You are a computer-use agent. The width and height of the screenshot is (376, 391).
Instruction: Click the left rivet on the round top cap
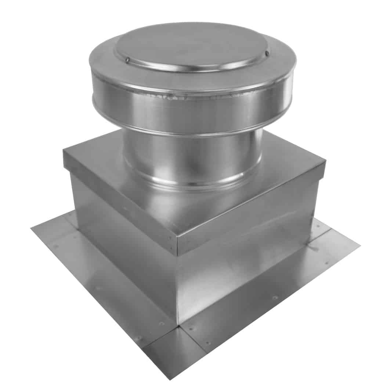point(127,60)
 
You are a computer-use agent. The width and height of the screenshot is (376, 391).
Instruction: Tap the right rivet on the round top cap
point(267,53)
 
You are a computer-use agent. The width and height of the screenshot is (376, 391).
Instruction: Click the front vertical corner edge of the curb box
point(177,286)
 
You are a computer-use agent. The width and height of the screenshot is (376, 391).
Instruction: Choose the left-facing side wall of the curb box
point(121,257)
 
